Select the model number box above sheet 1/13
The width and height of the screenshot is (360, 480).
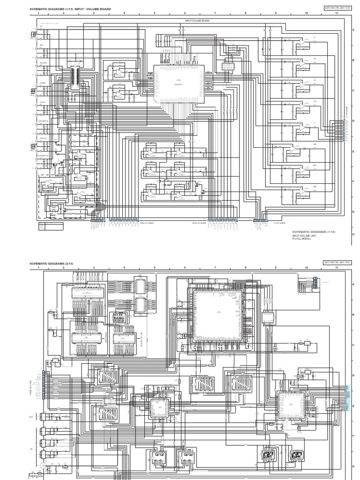pos(337,7)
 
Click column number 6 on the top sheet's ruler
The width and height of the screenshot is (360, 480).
pos(185,13)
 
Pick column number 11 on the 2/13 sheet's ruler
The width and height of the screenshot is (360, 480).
pos(337,268)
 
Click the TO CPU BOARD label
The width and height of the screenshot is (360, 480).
pos(280,223)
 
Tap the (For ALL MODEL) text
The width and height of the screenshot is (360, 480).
pos(301,239)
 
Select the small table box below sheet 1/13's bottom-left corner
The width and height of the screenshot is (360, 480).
pos(51,226)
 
